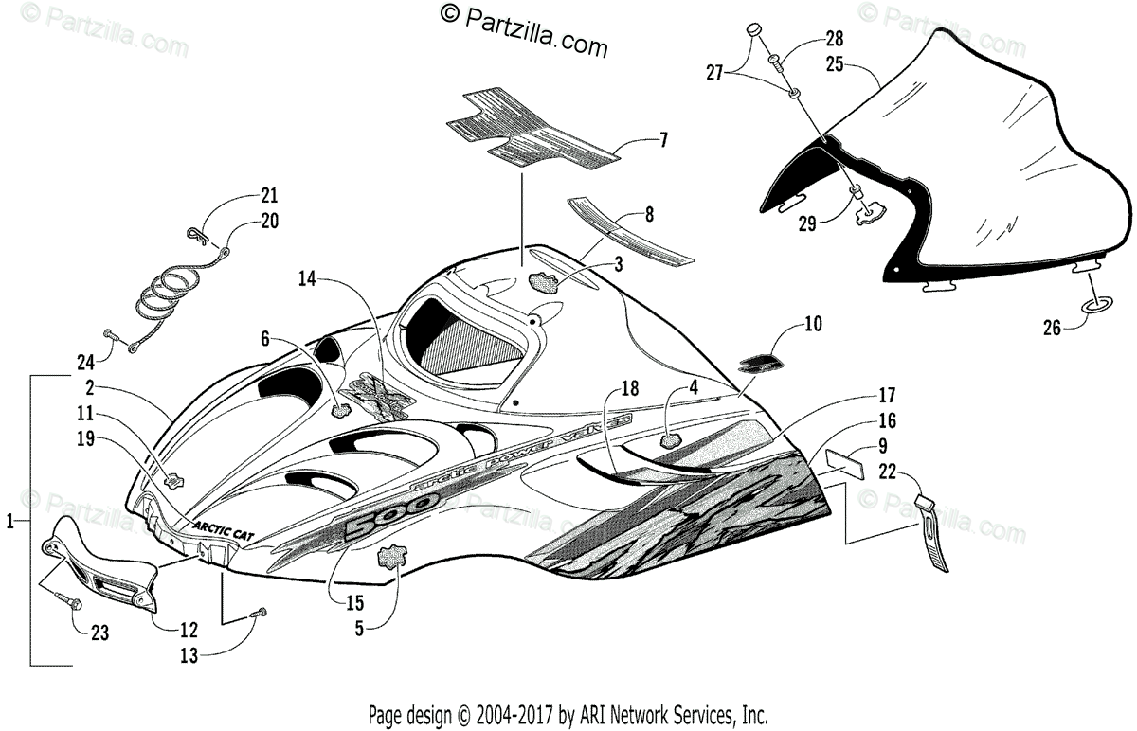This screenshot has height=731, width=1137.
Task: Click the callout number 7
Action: pyautogui.click(x=663, y=141)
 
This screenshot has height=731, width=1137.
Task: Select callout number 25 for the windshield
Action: pyautogui.click(x=835, y=65)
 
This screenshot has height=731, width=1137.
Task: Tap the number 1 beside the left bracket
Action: pyautogui.click(x=10, y=520)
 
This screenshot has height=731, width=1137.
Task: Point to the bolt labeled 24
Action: pyautogui.click(x=112, y=334)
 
